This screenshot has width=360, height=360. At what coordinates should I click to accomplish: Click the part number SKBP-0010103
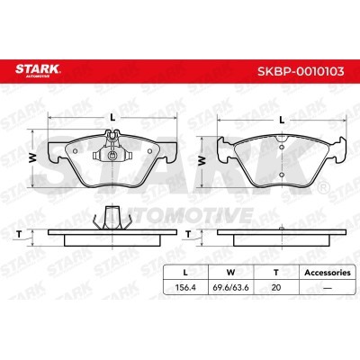click(301, 72)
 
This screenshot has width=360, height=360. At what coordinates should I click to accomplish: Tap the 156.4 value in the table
click(185, 287)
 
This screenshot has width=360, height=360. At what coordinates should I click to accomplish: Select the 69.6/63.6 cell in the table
click(230, 287)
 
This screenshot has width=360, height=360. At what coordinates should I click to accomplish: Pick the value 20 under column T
click(276, 287)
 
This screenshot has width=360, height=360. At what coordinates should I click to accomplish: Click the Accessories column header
click(328, 273)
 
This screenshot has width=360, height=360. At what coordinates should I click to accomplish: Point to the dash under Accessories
click(328, 288)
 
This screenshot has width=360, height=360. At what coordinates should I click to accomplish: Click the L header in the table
click(185, 273)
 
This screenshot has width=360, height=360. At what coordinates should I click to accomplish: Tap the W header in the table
click(230, 273)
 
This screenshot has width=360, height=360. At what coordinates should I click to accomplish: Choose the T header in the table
click(276, 273)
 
